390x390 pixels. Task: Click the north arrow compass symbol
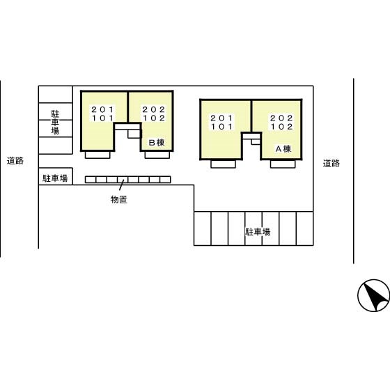coord(373,295)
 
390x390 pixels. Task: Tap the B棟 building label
coord(157,143)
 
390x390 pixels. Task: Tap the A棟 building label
coord(283,149)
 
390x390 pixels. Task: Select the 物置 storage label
coord(119,199)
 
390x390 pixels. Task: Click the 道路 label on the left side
coord(15,161)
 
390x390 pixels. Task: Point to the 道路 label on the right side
coord(331,164)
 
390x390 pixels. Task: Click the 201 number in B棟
coord(102,109)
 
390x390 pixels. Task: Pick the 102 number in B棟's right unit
coord(154,118)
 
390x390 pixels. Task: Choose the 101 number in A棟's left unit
coord(221,127)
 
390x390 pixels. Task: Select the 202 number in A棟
coord(281,118)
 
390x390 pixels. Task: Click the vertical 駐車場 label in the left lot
coord(55,123)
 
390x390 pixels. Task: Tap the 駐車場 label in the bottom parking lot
coord(258,232)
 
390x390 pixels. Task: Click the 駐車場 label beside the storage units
coord(55,178)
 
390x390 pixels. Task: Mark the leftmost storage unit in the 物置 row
coord(91,180)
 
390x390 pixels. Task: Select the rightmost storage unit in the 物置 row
coord(165,180)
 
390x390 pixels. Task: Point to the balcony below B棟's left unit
coord(97,155)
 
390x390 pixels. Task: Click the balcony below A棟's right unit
coord(283,164)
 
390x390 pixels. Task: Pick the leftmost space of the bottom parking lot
coord(203,228)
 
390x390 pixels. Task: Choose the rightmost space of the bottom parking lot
coord(305,228)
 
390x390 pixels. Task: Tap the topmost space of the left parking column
coord(56,94)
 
